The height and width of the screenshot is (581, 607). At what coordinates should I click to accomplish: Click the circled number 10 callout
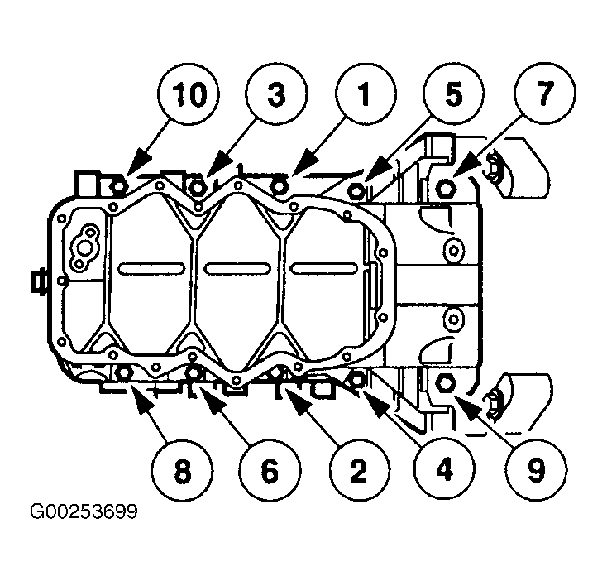[x=189, y=94]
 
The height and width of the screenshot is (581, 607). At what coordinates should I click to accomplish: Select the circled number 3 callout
[x=276, y=94]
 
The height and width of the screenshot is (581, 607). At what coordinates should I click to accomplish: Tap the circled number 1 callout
[x=365, y=94]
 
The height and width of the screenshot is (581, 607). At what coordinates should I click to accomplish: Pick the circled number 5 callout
[x=453, y=94]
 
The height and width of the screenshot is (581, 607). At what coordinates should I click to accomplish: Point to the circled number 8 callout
[x=182, y=471]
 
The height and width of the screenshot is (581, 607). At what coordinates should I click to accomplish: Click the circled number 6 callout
[x=270, y=471]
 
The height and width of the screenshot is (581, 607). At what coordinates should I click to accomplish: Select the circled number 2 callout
[x=358, y=469]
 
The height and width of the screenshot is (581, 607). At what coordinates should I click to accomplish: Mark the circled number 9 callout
[x=536, y=469]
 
